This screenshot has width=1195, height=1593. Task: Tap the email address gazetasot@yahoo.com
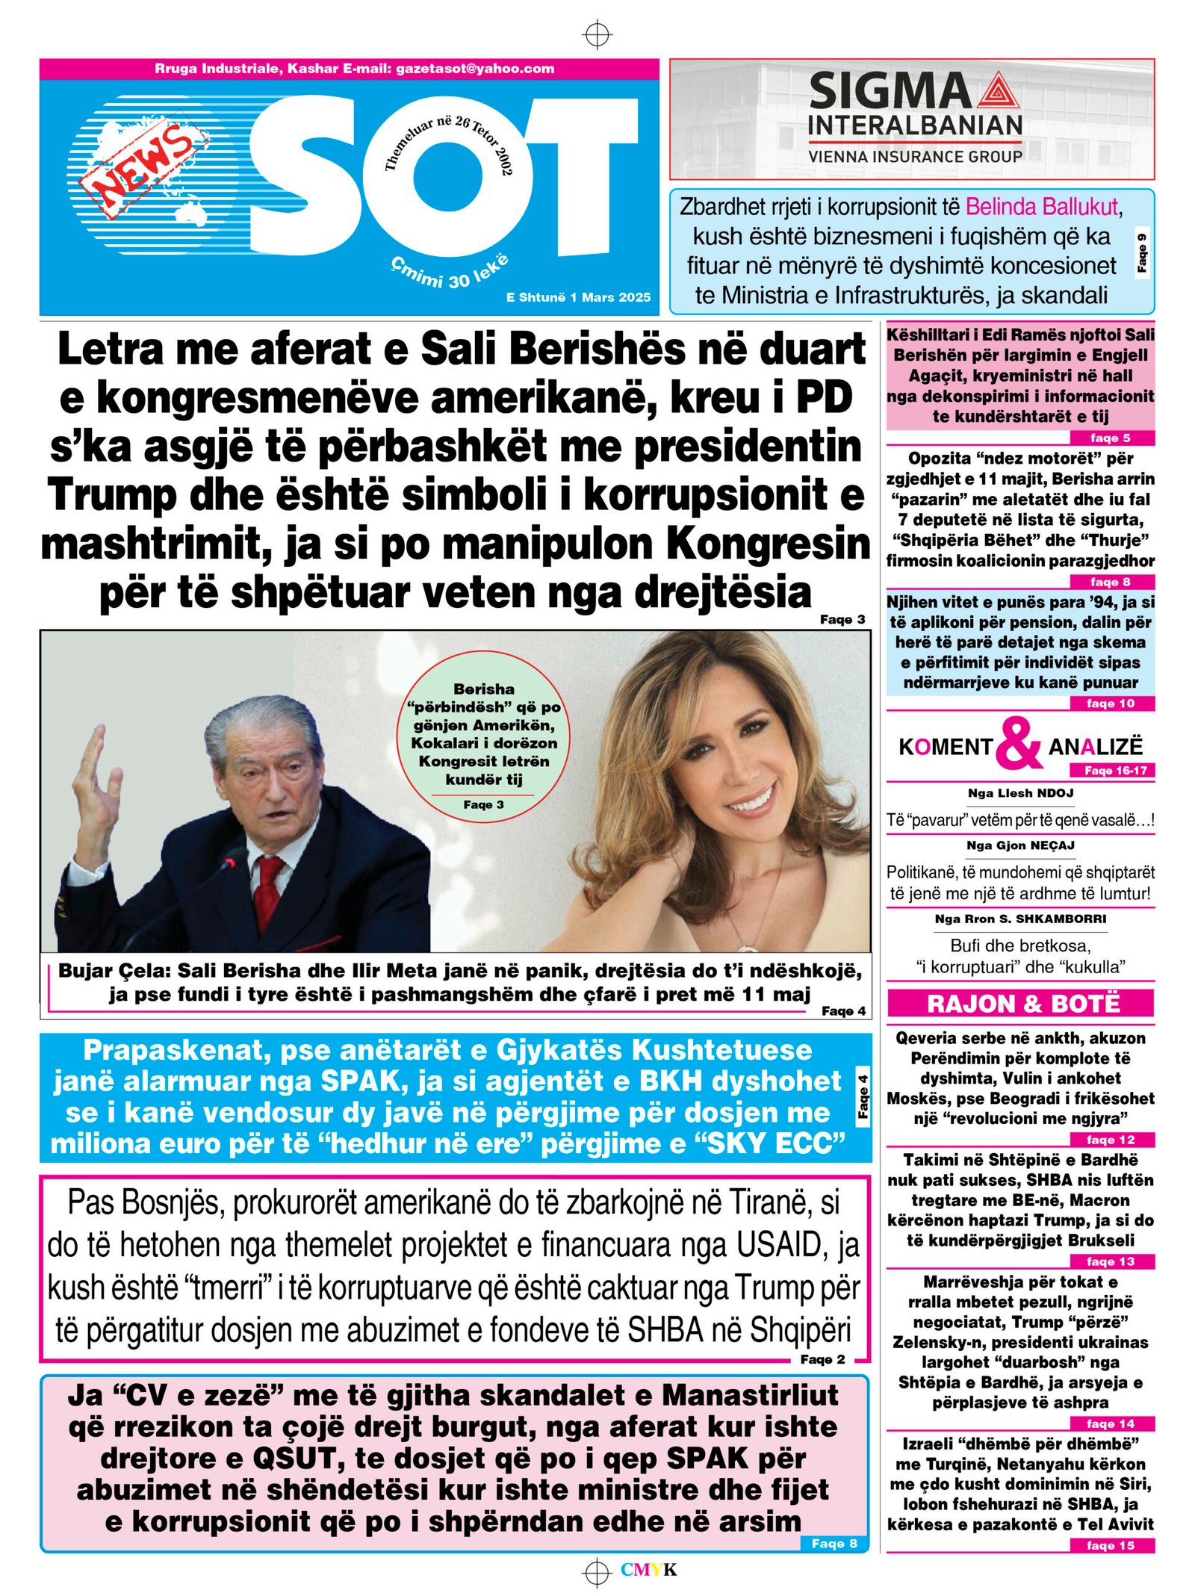[x=475, y=69]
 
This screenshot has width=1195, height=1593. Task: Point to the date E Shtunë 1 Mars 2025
[x=578, y=297]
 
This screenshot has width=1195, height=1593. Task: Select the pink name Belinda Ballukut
[x=1042, y=207]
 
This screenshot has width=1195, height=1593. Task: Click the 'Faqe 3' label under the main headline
[x=842, y=619]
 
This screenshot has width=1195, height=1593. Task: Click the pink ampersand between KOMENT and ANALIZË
[x=1019, y=743]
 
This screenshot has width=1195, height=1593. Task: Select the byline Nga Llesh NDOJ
[x=1020, y=793]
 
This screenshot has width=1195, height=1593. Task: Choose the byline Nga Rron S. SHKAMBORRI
[x=1020, y=919]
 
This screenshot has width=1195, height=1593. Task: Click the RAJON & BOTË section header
[x=1022, y=1003]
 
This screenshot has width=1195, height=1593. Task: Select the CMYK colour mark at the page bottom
[x=648, y=1570]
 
